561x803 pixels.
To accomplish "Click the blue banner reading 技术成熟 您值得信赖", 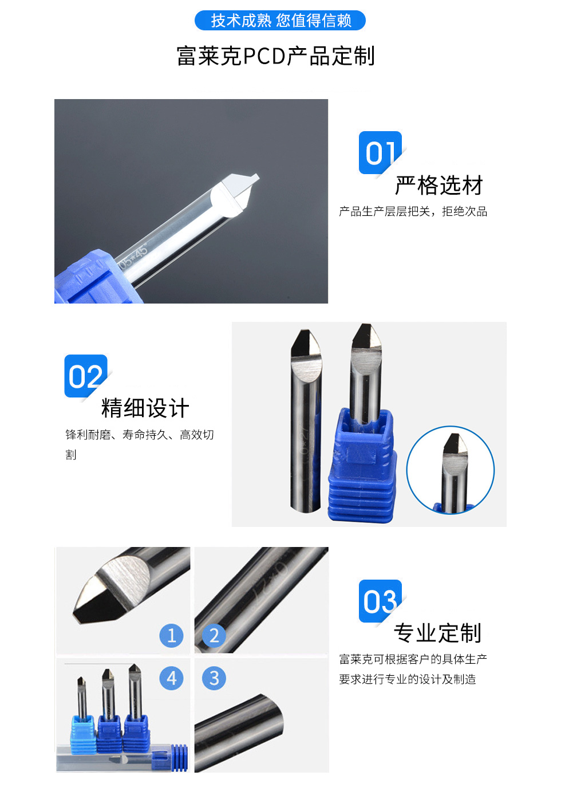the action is coord(280,21).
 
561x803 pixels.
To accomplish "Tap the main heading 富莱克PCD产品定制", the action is coord(276,56).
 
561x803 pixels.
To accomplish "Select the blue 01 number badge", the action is coord(380,153).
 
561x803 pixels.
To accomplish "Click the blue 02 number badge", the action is coord(86,376).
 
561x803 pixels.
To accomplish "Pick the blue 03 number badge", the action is coord(380,601).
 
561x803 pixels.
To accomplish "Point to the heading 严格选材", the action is coord(439,186).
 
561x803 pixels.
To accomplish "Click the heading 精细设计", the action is coord(145,408).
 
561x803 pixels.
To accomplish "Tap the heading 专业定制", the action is coord(438,633).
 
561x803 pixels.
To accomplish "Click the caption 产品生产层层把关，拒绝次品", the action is coord(413,211).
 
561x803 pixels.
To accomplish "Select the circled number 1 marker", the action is coord(171,636).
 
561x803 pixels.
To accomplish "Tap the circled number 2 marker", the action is coord(214,636).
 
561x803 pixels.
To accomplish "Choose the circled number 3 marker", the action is coord(214,678).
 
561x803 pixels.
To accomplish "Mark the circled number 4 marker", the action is coord(171,678).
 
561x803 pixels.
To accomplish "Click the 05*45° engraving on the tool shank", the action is coord(133,257).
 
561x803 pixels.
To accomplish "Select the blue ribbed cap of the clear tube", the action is coord(180,758).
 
